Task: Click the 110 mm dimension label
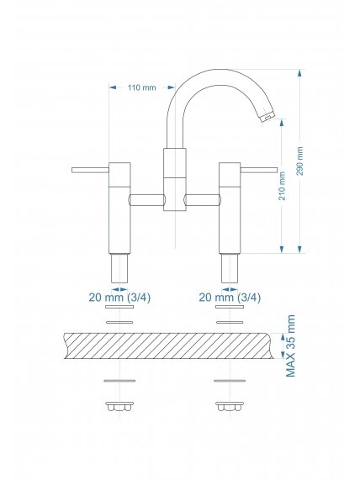coord(141,88)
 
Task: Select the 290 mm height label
coord(300,161)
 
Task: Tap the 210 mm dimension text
coord(282,186)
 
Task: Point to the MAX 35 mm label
coord(290,345)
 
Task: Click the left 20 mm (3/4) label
coord(119,298)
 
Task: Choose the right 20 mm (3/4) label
coord(230,298)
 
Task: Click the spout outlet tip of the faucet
coord(267,117)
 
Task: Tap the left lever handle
coord(90,170)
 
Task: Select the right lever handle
coord(259,170)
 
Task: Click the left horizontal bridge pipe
coord(147,200)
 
